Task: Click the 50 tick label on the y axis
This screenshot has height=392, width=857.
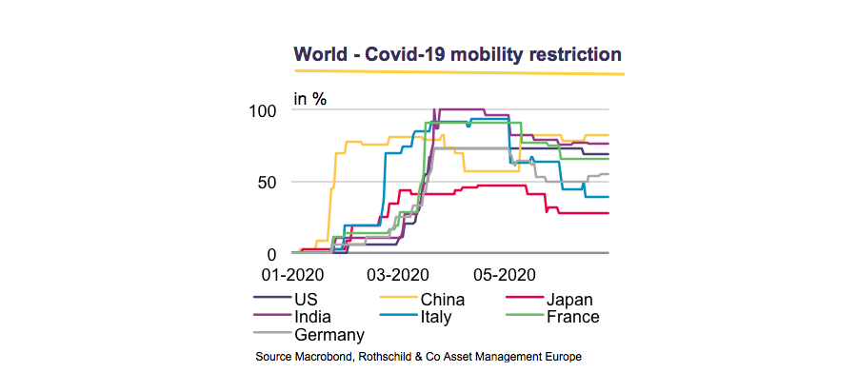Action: pyautogui.click(x=268, y=182)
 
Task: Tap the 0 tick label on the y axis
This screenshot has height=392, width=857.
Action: pyautogui.click(x=272, y=254)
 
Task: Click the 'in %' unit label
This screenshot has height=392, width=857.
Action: pyautogui.click(x=309, y=99)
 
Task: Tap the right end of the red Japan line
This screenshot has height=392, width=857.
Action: pyautogui.click(x=608, y=213)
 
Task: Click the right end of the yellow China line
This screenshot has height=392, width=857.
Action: pyautogui.click(x=608, y=135)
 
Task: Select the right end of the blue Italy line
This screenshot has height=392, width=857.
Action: pyautogui.click(x=608, y=197)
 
